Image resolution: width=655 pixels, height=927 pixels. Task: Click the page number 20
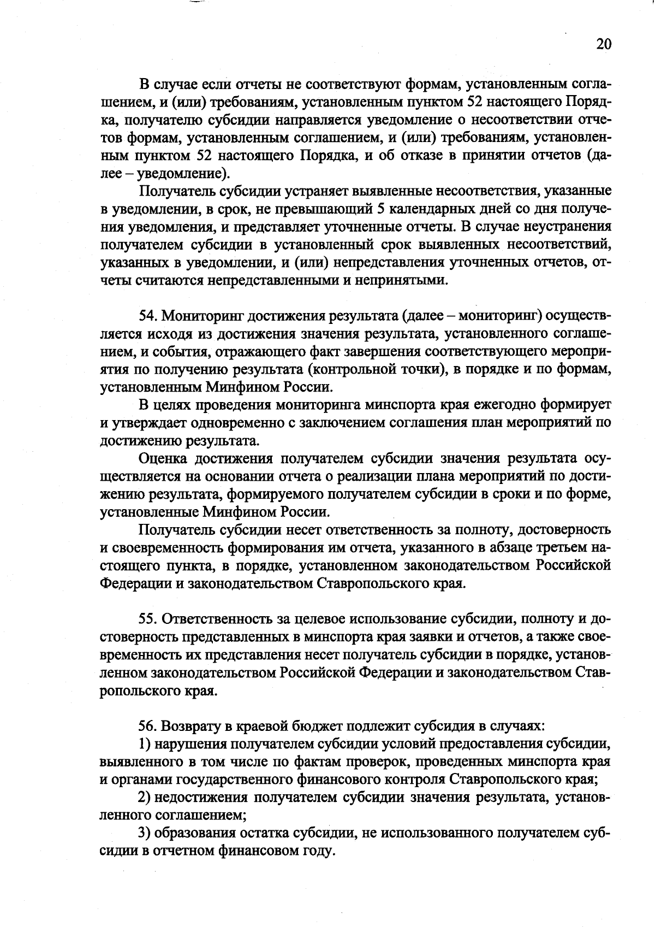[604, 44]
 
